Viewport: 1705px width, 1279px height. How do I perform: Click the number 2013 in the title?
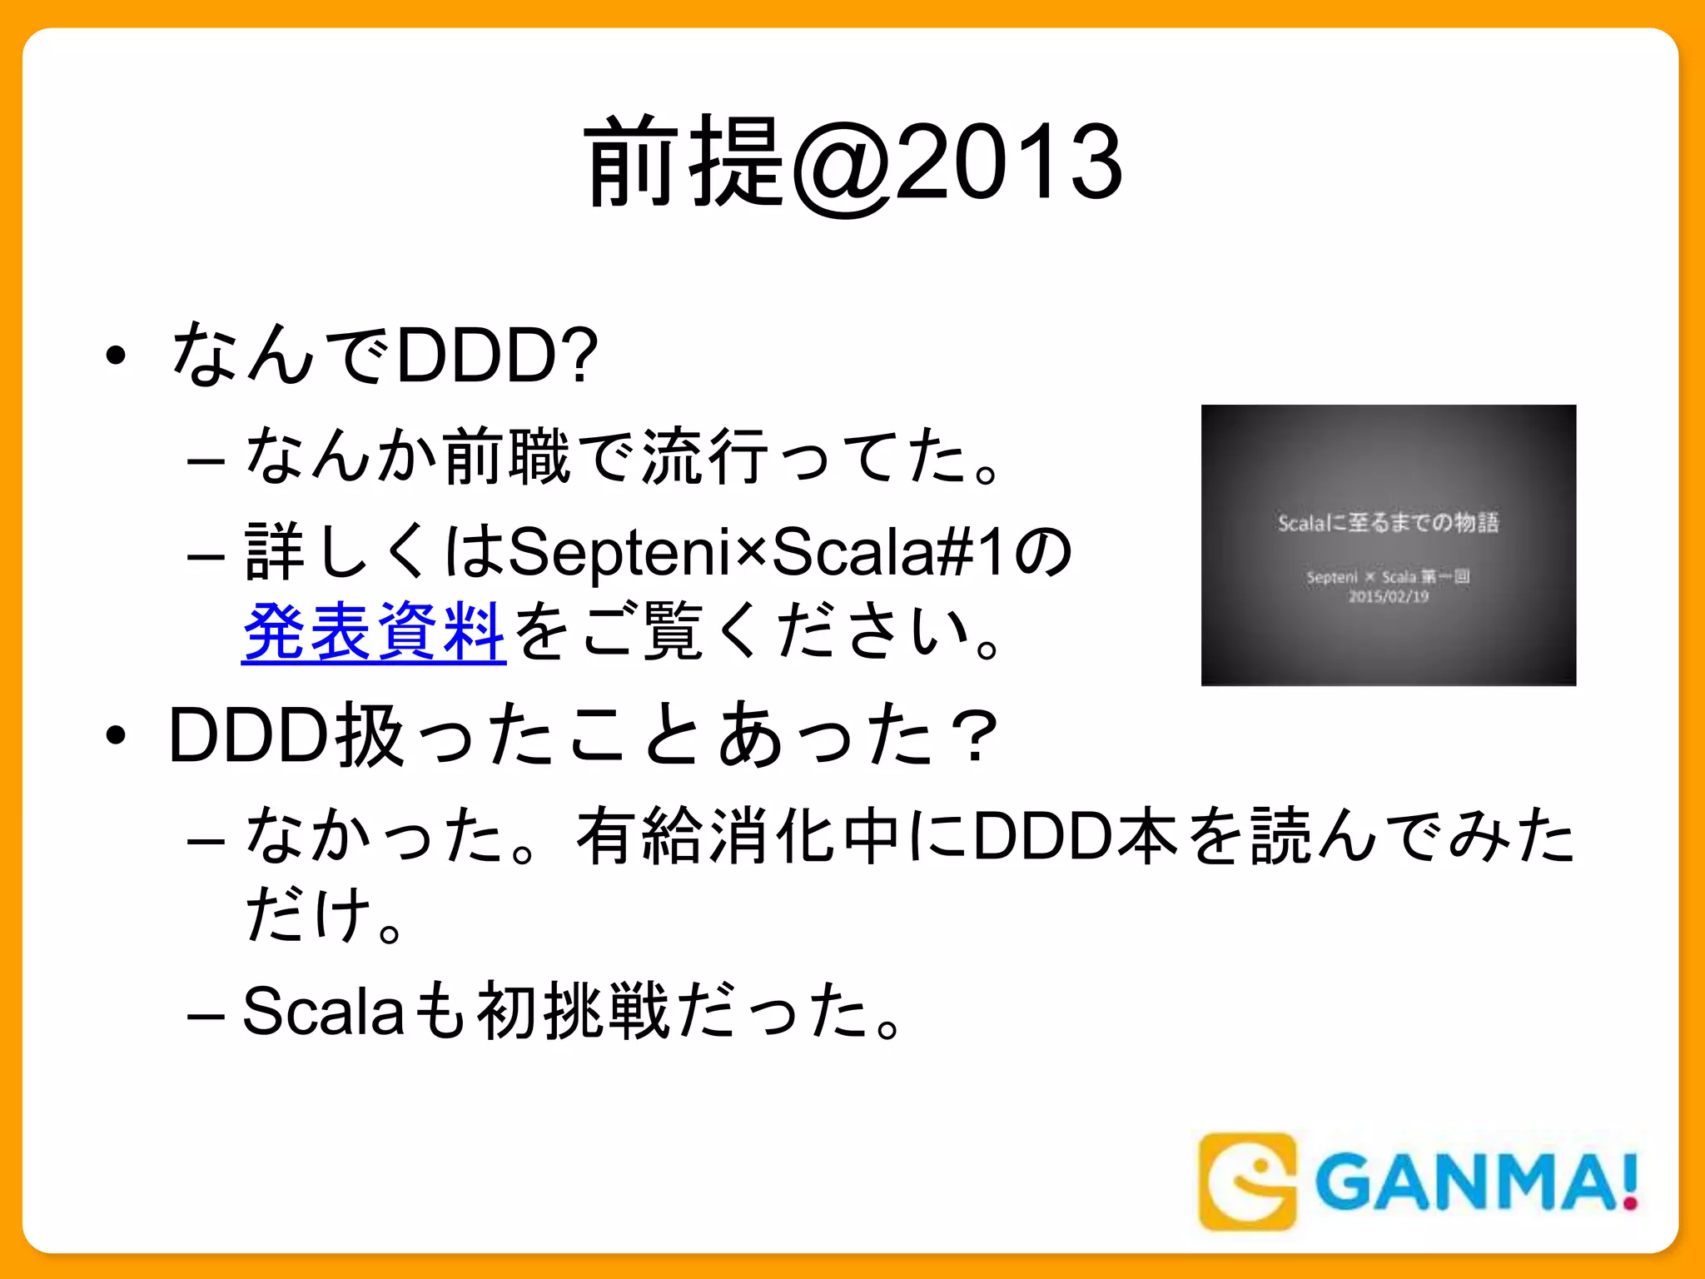pyautogui.click(x=1009, y=162)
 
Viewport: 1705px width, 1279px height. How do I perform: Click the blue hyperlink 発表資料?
pyautogui.click(x=374, y=631)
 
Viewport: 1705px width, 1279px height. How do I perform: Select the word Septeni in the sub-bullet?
pyautogui.click(x=619, y=552)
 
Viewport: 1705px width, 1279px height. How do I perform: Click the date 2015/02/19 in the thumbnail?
pyautogui.click(x=1388, y=596)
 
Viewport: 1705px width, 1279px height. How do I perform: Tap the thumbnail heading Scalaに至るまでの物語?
pyautogui.click(x=1388, y=523)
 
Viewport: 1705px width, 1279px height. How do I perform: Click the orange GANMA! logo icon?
pyautogui.click(x=1246, y=1181)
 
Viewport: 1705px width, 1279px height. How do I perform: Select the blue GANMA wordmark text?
pyautogui.click(x=1465, y=1182)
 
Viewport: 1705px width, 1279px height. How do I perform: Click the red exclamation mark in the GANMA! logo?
pyautogui.click(x=1630, y=1182)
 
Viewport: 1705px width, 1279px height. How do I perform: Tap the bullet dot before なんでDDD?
pyautogui.click(x=116, y=356)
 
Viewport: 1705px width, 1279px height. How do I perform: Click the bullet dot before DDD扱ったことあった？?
pyautogui.click(x=116, y=735)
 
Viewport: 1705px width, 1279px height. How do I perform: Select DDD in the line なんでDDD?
pyautogui.click(x=477, y=356)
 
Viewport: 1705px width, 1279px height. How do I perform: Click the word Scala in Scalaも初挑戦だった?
pyautogui.click(x=323, y=1011)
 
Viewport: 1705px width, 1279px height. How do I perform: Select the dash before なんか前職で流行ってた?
pyautogui.click(x=206, y=460)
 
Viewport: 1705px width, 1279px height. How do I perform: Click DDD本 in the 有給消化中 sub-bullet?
pyautogui.click(x=1076, y=835)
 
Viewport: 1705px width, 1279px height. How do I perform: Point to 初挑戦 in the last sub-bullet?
pyautogui.click(x=573, y=1011)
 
